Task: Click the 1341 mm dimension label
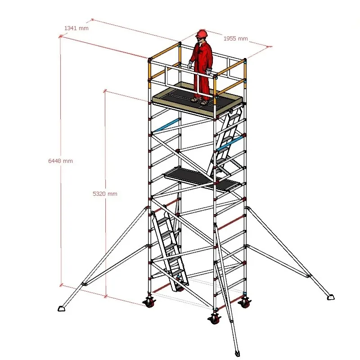(76, 28)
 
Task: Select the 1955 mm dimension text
(236, 39)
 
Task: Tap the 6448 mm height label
(61, 161)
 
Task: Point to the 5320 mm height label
(105, 193)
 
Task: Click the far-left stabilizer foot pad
(62, 308)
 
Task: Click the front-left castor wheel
(148, 302)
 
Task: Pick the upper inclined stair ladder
(225, 142)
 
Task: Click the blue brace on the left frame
(166, 126)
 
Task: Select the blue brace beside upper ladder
(230, 144)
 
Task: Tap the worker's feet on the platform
(200, 101)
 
